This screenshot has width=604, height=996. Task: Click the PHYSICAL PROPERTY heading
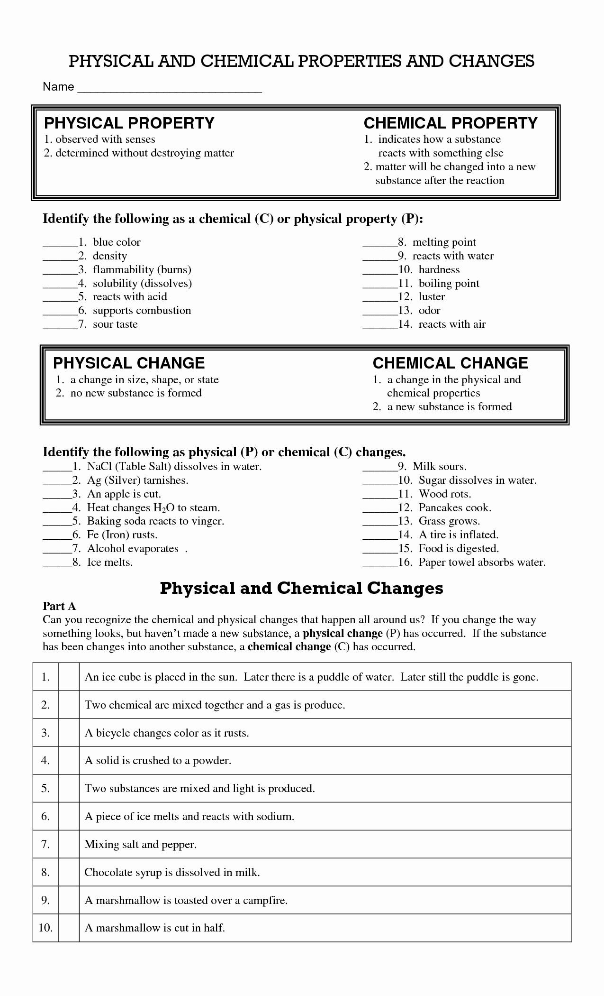click(129, 123)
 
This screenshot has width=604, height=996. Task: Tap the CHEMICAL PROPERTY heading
click(451, 123)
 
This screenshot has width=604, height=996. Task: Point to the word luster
click(432, 297)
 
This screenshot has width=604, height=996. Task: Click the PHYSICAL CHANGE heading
click(129, 363)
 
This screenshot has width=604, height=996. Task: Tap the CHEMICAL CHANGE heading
click(450, 363)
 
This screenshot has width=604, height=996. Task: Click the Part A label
click(59, 606)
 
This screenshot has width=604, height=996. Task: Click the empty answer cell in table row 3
click(69, 733)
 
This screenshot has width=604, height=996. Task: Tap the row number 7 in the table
click(45, 844)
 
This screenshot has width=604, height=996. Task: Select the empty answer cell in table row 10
click(69, 928)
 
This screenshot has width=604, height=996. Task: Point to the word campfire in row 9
click(265, 900)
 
